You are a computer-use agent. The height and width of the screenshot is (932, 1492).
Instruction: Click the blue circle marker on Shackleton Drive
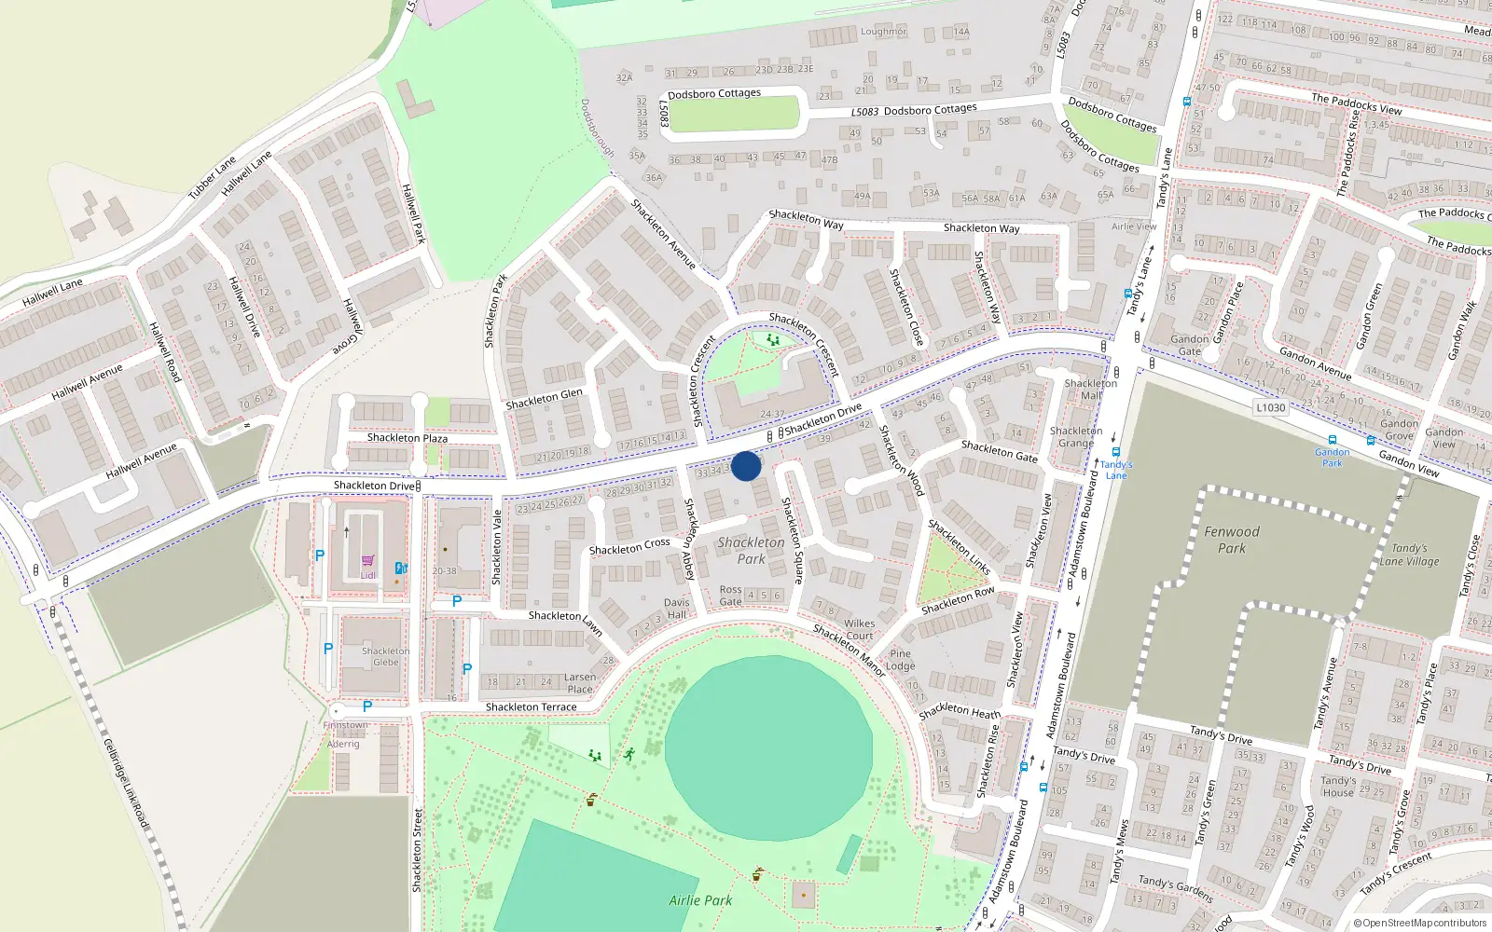click(746, 466)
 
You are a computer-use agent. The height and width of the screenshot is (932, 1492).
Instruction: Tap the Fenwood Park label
click(1231, 540)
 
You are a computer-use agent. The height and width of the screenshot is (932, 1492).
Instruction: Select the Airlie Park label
click(700, 900)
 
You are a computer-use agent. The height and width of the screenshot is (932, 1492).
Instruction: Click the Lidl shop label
click(367, 575)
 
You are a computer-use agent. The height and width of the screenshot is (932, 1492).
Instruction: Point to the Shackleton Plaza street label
click(407, 438)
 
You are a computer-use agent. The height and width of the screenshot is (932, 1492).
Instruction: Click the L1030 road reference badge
click(1270, 407)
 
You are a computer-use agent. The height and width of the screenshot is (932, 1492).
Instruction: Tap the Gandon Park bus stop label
click(1332, 457)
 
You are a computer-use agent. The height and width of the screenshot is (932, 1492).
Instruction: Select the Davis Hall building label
click(677, 609)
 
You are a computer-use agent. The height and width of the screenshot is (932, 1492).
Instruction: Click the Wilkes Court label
click(860, 629)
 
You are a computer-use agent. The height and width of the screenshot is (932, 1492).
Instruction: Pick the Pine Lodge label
click(900, 660)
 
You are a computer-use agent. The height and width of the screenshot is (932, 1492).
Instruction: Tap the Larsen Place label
click(579, 683)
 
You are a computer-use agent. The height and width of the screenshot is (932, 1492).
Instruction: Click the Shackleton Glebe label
click(385, 657)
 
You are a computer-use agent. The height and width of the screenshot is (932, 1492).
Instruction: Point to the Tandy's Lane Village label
click(1409, 555)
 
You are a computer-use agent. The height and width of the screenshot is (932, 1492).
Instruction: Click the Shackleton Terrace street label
click(531, 707)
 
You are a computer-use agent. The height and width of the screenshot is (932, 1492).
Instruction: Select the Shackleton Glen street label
click(544, 399)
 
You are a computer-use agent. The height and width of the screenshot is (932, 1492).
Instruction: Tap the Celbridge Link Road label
click(126, 784)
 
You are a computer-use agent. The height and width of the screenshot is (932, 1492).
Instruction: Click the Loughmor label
click(883, 32)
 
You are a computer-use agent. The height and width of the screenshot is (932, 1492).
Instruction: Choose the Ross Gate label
click(730, 596)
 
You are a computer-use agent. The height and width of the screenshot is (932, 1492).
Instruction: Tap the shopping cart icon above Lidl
click(367, 561)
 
